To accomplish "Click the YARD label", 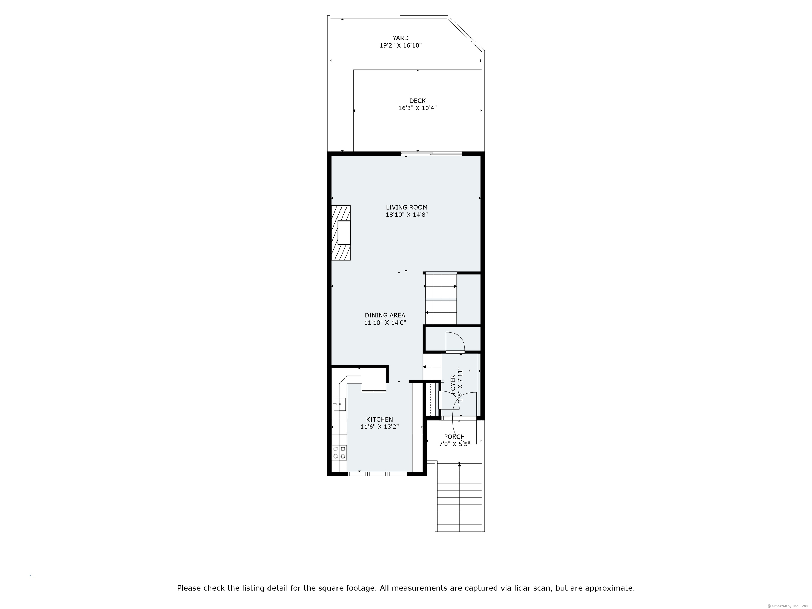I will coord(400,38).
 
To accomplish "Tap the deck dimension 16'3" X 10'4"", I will coord(417,108).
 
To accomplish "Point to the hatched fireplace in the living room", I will coord(84,233).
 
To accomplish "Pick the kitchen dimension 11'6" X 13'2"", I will coord(379,427).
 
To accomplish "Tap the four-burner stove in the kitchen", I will coord(82,452).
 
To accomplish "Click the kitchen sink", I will coord(82,404).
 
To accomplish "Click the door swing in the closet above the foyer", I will coord(455,342).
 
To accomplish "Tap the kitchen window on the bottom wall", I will coord(377,474).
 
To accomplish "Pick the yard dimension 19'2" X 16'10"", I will coord(400,45).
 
